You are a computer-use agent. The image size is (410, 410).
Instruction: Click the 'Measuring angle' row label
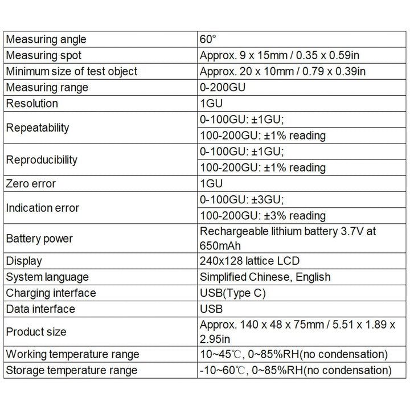(x=46, y=39)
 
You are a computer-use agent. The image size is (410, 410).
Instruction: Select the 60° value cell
(x=208, y=39)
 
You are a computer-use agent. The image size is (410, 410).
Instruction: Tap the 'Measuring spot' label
(x=44, y=55)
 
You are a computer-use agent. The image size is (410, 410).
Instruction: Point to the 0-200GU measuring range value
(x=224, y=88)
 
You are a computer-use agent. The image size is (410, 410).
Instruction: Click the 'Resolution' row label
(x=32, y=104)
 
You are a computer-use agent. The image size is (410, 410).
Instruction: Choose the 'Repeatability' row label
(x=38, y=128)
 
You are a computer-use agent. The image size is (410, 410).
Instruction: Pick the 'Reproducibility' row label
(x=42, y=159)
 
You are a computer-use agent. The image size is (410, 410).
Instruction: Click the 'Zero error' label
(x=31, y=184)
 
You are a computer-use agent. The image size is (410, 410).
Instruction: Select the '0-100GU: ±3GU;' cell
(x=242, y=200)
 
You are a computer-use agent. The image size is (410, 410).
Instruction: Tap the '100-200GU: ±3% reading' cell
(x=263, y=216)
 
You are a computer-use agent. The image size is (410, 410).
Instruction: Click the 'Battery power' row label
(x=39, y=239)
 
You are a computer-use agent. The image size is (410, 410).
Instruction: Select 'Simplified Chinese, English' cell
(x=265, y=277)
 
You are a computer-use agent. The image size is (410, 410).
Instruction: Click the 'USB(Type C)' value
(x=233, y=293)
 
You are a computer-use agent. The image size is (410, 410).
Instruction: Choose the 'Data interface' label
(x=40, y=309)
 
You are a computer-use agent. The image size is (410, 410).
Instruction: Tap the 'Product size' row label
(x=36, y=331)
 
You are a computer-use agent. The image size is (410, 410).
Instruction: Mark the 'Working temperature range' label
(x=72, y=354)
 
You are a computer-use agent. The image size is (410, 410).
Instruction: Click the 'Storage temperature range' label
(x=72, y=370)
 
